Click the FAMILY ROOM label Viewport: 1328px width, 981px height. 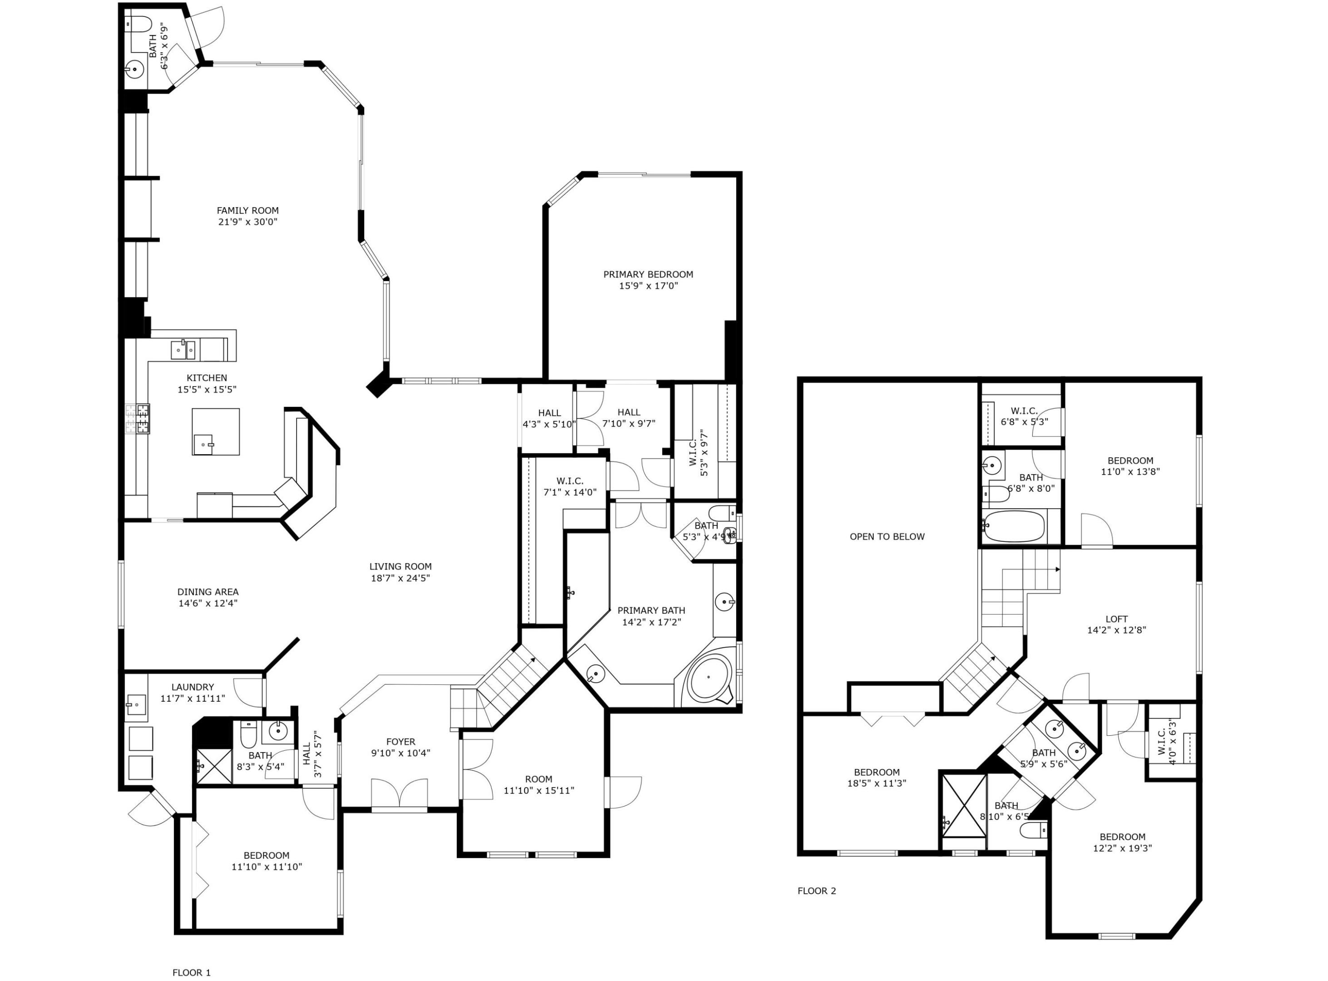point(247,210)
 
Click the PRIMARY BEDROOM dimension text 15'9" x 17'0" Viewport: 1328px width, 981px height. point(648,286)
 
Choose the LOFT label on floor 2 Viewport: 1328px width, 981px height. point(1116,619)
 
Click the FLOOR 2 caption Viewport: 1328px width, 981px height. point(816,890)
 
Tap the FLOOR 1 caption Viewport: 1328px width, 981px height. point(191,972)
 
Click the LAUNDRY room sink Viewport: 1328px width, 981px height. point(136,705)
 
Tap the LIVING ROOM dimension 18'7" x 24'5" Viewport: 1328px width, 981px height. point(400,578)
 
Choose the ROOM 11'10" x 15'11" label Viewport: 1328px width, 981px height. point(539,779)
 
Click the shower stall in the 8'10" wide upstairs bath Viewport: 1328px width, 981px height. point(963,805)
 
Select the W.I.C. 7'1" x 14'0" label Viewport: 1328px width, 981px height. point(570,481)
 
